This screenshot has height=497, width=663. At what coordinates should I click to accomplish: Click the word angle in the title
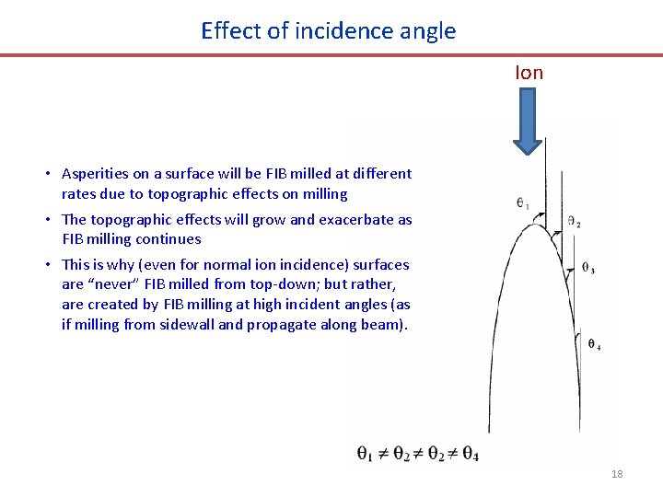click(428, 31)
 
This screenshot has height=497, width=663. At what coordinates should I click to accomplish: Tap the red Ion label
click(529, 73)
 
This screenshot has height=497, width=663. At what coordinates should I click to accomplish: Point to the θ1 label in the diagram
click(522, 203)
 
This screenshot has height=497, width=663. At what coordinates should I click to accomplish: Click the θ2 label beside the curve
click(574, 222)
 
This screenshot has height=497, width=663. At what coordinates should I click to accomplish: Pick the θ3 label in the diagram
click(587, 269)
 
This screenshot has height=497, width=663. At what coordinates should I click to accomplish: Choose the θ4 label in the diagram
click(594, 345)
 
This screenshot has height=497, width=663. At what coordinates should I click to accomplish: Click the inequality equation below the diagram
click(417, 453)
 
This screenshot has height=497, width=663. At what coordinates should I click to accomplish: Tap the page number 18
click(617, 474)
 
